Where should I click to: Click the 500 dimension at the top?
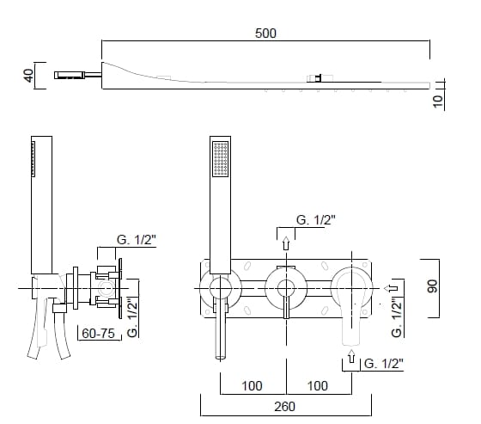point(265,34)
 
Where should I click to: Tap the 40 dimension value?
point(29,76)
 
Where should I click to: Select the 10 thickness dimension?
point(438,101)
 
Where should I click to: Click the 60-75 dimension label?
point(98,334)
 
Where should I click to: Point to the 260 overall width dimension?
point(285,407)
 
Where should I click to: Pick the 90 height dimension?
point(432,286)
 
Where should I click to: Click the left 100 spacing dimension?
point(252,386)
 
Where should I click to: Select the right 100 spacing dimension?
point(318,386)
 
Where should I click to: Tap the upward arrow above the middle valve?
point(286,243)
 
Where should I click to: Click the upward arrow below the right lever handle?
point(351,356)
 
